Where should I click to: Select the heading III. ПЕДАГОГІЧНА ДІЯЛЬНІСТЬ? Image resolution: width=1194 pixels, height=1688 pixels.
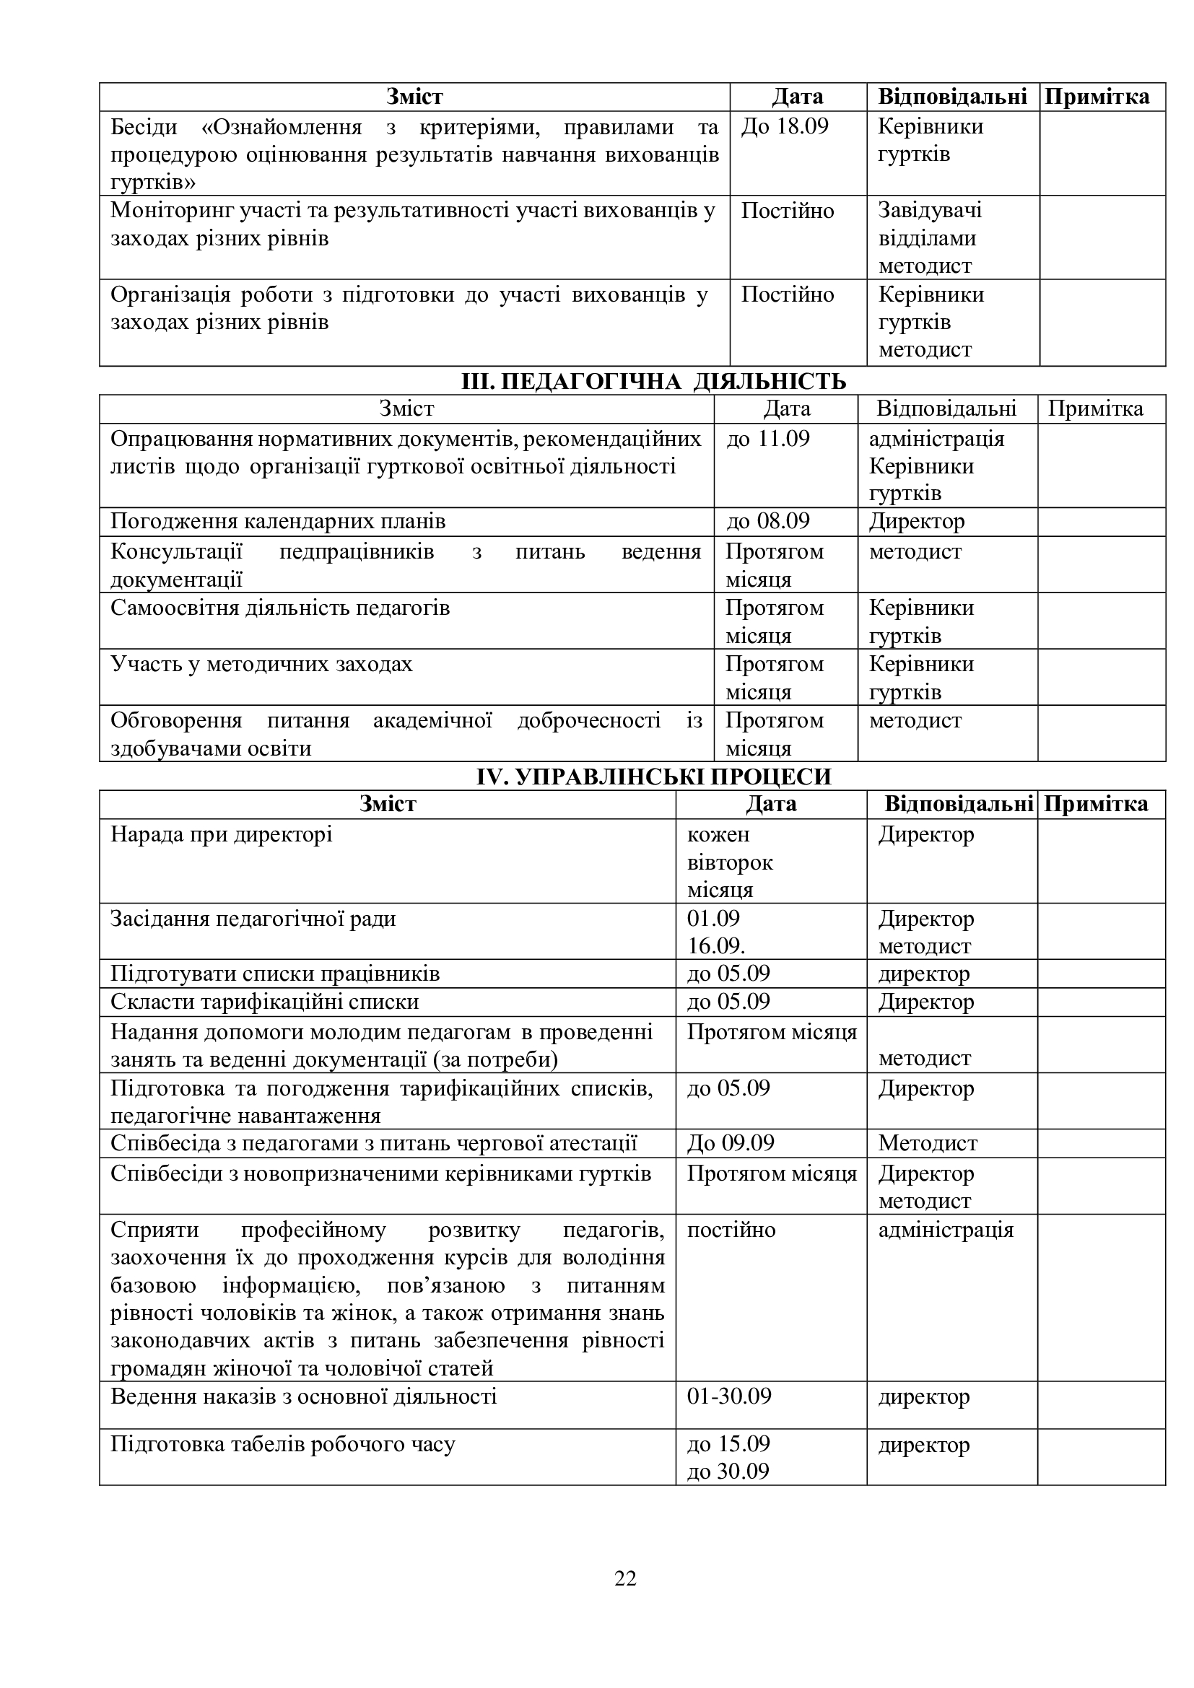coord(653,382)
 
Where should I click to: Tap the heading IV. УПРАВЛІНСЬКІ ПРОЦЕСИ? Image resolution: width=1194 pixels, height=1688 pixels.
coord(653,777)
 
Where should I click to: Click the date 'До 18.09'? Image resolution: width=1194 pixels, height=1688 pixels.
coord(784,126)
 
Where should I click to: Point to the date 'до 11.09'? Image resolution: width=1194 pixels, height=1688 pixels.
coord(767,439)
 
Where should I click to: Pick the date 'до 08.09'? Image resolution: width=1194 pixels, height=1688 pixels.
coord(767,521)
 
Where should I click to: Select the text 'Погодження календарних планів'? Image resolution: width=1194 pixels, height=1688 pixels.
coord(278,522)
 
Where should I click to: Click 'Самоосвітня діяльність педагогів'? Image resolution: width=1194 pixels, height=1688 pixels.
coord(280,608)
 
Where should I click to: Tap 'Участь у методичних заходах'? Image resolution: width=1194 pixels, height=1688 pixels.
coord(262,665)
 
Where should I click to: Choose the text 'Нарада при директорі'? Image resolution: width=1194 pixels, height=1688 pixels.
coord(222,834)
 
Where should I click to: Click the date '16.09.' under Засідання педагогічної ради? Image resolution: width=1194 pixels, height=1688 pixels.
coord(715,946)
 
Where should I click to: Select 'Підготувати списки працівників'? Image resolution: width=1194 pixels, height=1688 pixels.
coord(275,974)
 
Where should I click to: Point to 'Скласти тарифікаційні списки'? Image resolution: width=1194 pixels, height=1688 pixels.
coord(265,1002)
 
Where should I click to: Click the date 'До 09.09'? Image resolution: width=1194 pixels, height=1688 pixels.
coord(730,1143)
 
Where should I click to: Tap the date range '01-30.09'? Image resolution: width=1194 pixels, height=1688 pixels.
coord(728,1396)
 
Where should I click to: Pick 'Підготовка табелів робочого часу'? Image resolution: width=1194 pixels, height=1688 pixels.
coord(283,1445)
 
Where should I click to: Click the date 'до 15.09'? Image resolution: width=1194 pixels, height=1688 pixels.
coord(728,1444)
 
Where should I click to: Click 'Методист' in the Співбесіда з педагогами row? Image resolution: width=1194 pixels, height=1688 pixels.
coord(927,1143)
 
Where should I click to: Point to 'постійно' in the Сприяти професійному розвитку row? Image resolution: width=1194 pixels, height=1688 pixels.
coord(731,1230)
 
